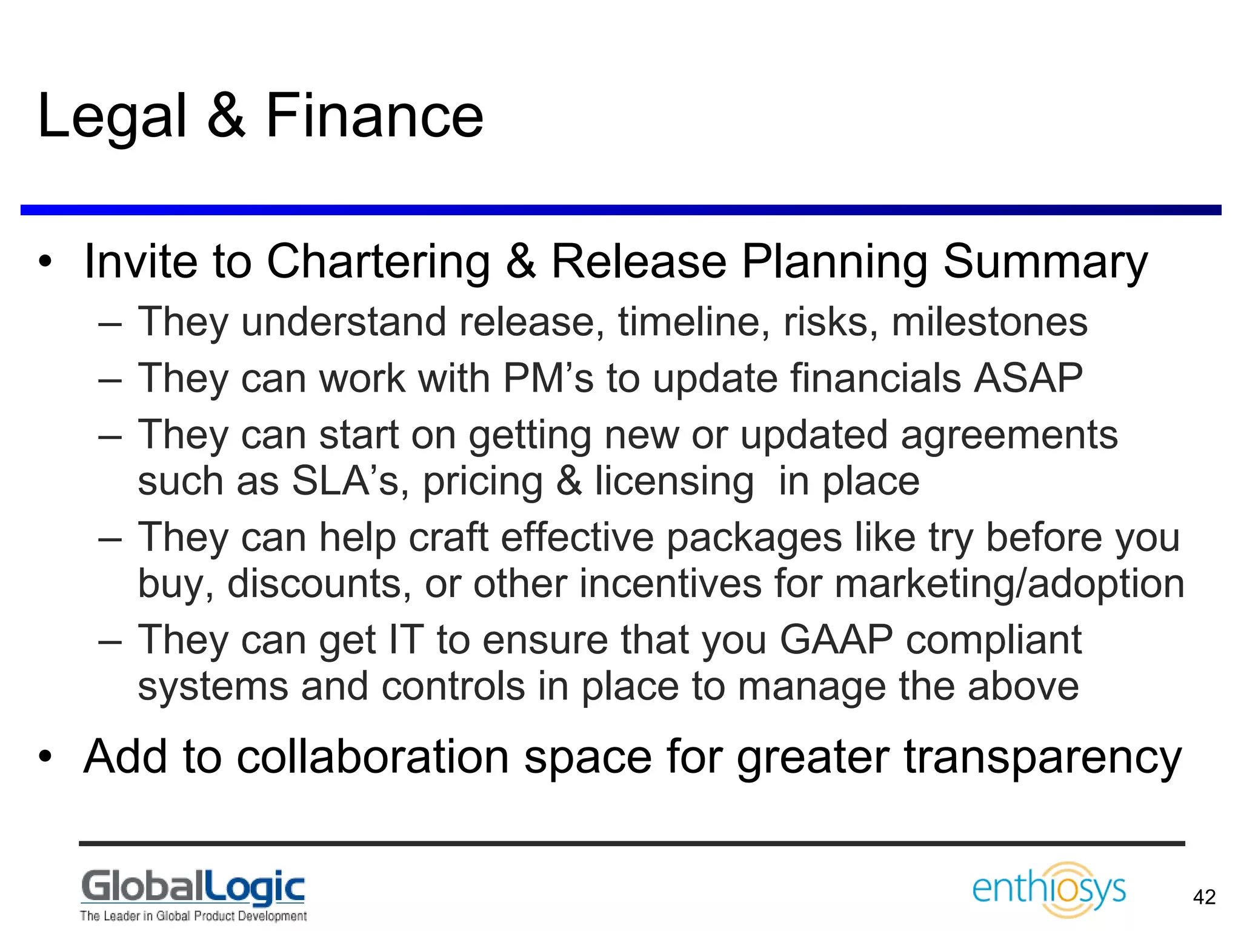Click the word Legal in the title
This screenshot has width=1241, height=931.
click(112, 116)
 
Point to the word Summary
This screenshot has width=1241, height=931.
click(1045, 262)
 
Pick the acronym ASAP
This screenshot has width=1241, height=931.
click(1028, 378)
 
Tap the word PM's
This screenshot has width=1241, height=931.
click(548, 378)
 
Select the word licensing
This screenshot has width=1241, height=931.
click(674, 482)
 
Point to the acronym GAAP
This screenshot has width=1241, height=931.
click(836, 640)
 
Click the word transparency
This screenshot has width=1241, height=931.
click(1043, 758)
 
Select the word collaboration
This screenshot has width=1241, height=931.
click(373, 757)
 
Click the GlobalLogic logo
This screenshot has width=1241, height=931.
click(193, 895)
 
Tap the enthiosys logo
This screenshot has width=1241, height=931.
click(1049, 889)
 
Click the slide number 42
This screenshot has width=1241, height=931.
click(1204, 897)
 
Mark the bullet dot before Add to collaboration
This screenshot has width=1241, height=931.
click(45, 757)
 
